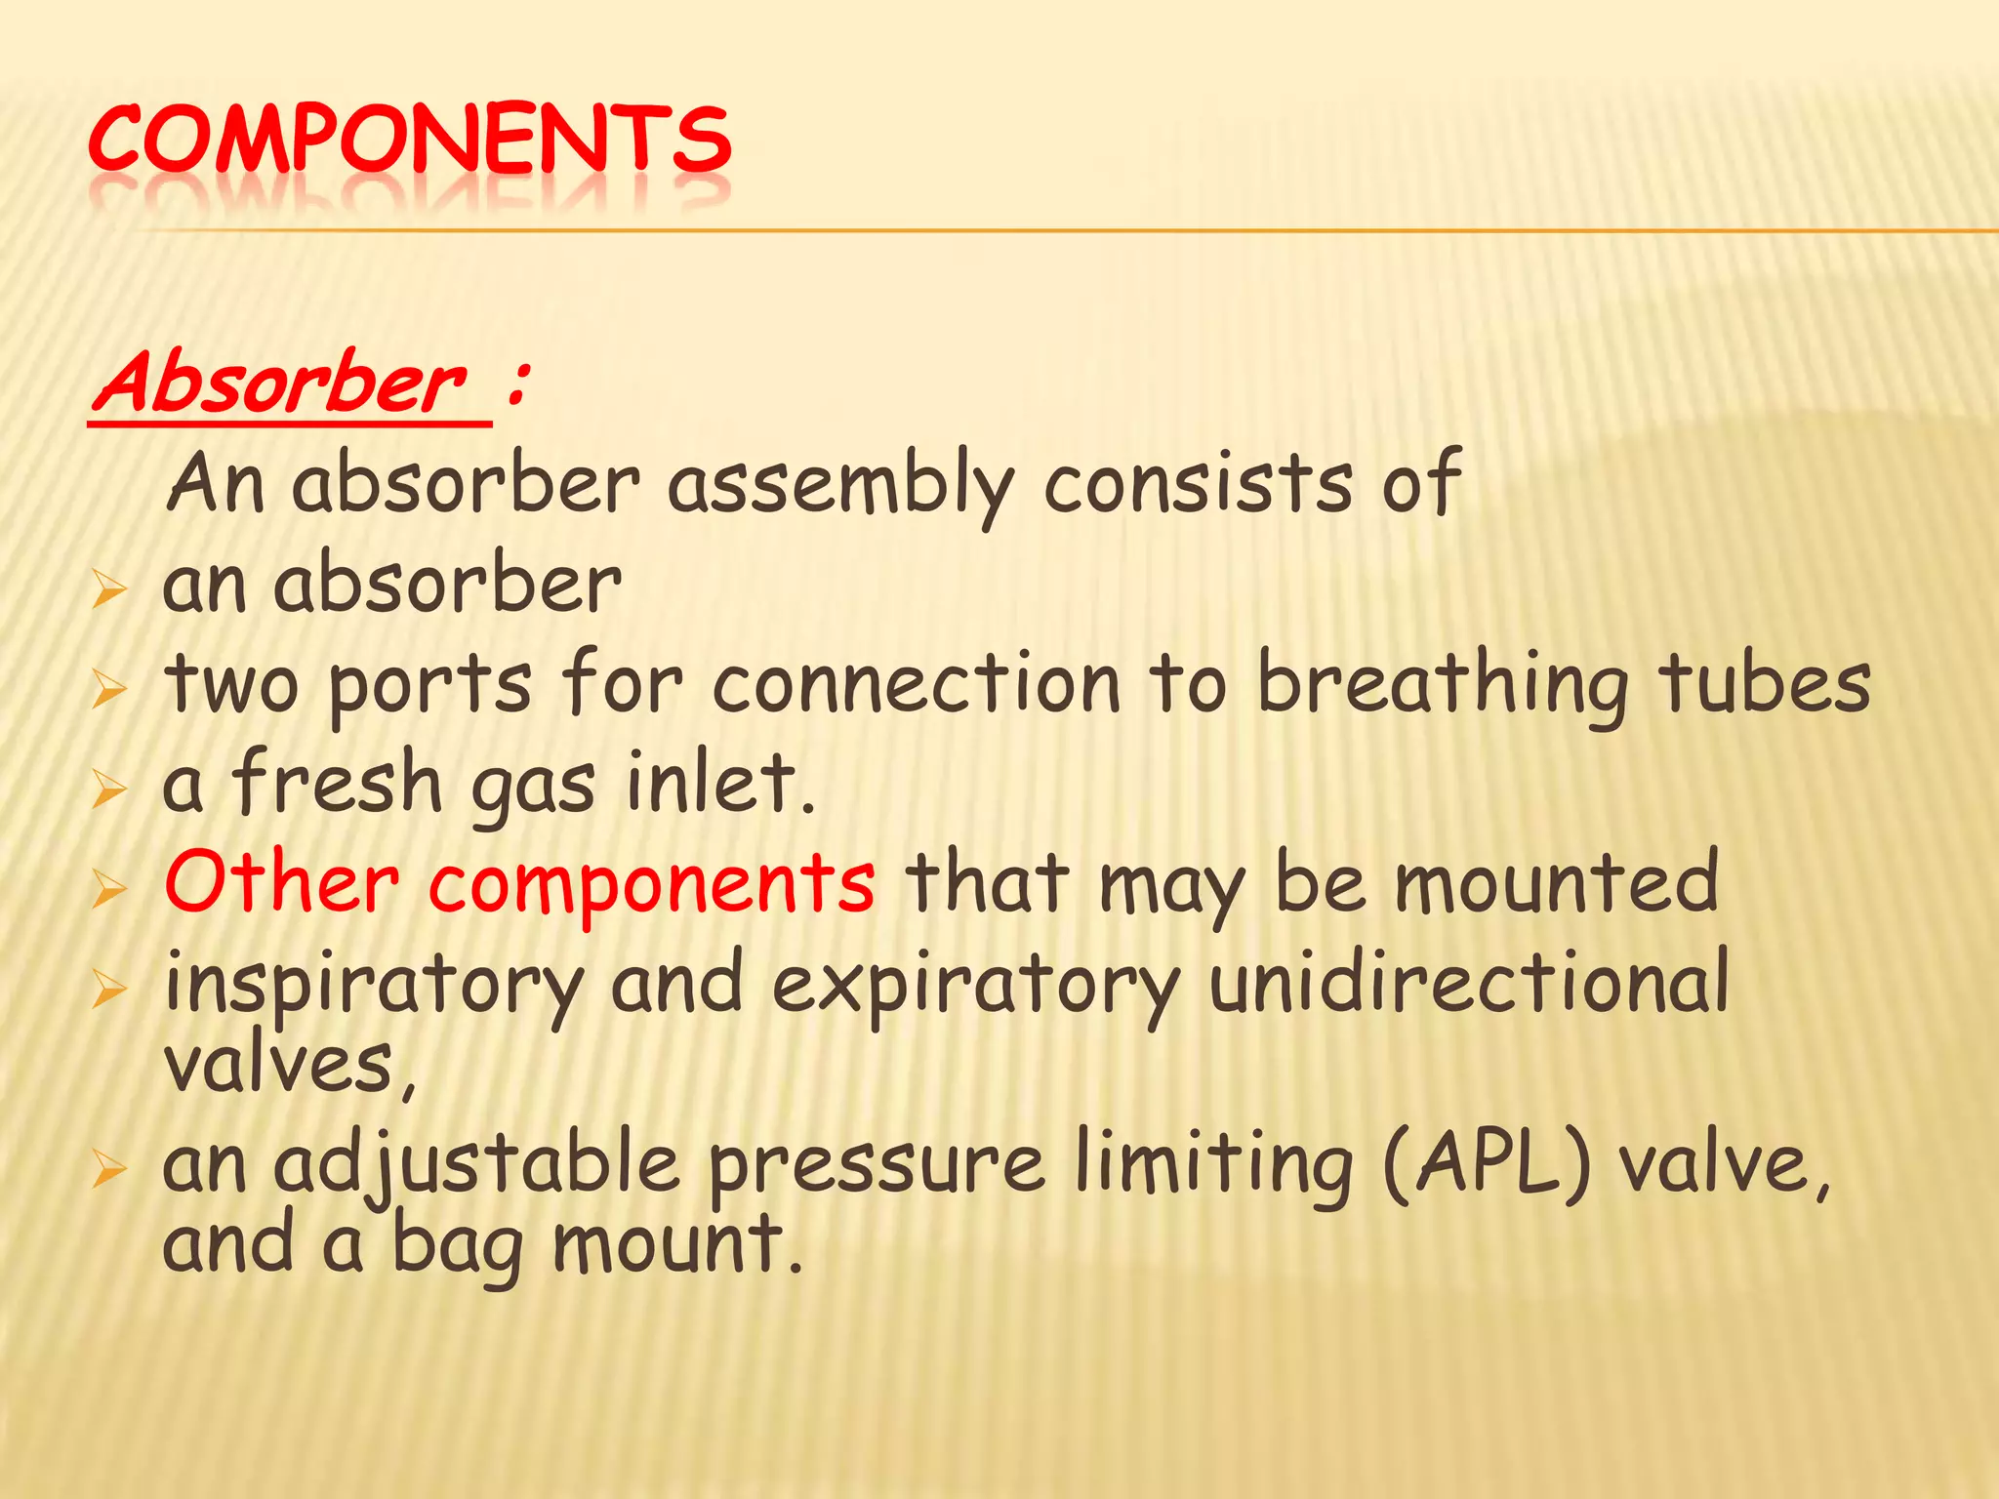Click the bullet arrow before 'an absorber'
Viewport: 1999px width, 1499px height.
(109, 591)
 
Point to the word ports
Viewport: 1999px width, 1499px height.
(430, 686)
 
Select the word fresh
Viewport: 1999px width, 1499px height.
(338, 783)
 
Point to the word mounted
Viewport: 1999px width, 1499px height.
(1556, 882)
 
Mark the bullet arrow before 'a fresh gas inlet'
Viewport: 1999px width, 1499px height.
(109, 790)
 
